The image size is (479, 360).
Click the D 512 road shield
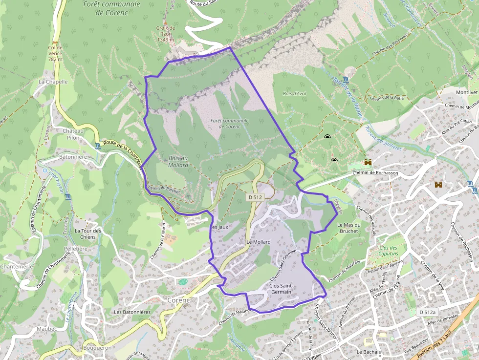[255, 197]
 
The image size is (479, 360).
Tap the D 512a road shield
[427, 312]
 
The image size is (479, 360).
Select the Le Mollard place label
[259, 242]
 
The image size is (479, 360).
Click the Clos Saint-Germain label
[280, 288]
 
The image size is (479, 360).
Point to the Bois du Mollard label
[178, 161]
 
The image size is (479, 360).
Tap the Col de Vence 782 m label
[55, 53]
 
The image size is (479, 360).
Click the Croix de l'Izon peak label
[165, 34]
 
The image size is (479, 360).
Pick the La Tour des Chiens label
[88, 234]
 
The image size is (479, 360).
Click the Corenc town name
[178, 299]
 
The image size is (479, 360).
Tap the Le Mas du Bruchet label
[349, 228]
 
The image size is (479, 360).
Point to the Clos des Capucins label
[389, 251]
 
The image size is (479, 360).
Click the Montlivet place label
[467, 92]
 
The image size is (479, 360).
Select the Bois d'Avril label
[294, 93]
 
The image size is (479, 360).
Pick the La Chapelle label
[53, 82]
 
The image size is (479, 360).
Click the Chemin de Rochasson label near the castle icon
[374, 173]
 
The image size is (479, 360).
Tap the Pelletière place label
[76, 249]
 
